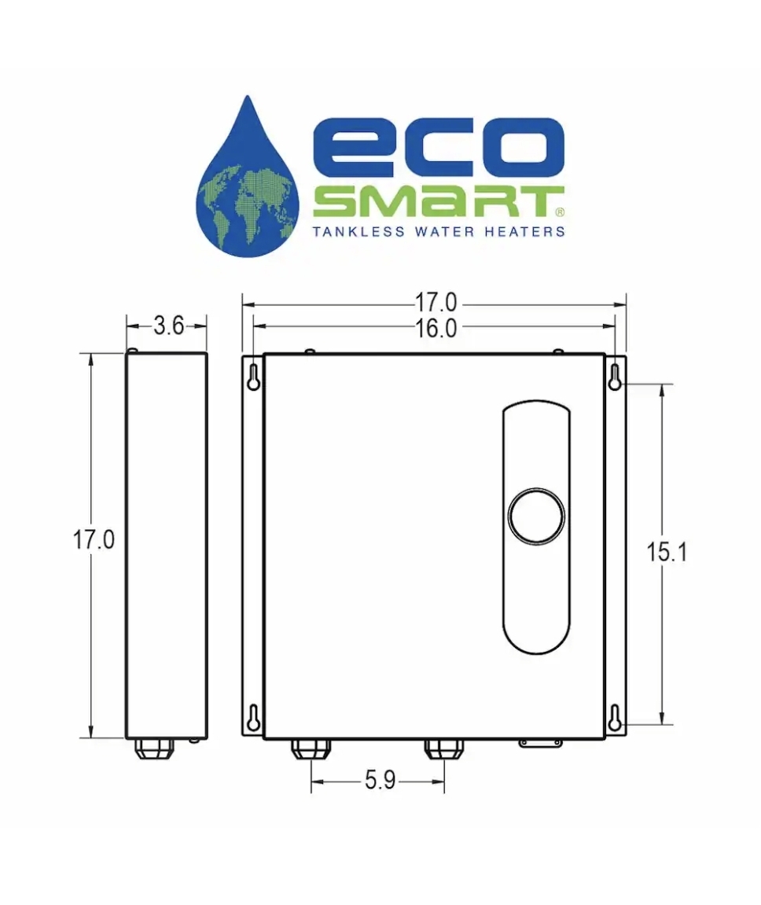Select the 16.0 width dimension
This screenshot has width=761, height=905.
coord(436,329)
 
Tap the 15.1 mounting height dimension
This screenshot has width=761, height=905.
coord(667,553)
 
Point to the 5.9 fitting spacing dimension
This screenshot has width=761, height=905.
coord(380,782)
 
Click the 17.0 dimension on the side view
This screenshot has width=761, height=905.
coord(94,541)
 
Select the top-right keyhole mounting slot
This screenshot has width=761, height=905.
coord(615,378)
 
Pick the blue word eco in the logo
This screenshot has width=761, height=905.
coord(437,149)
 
